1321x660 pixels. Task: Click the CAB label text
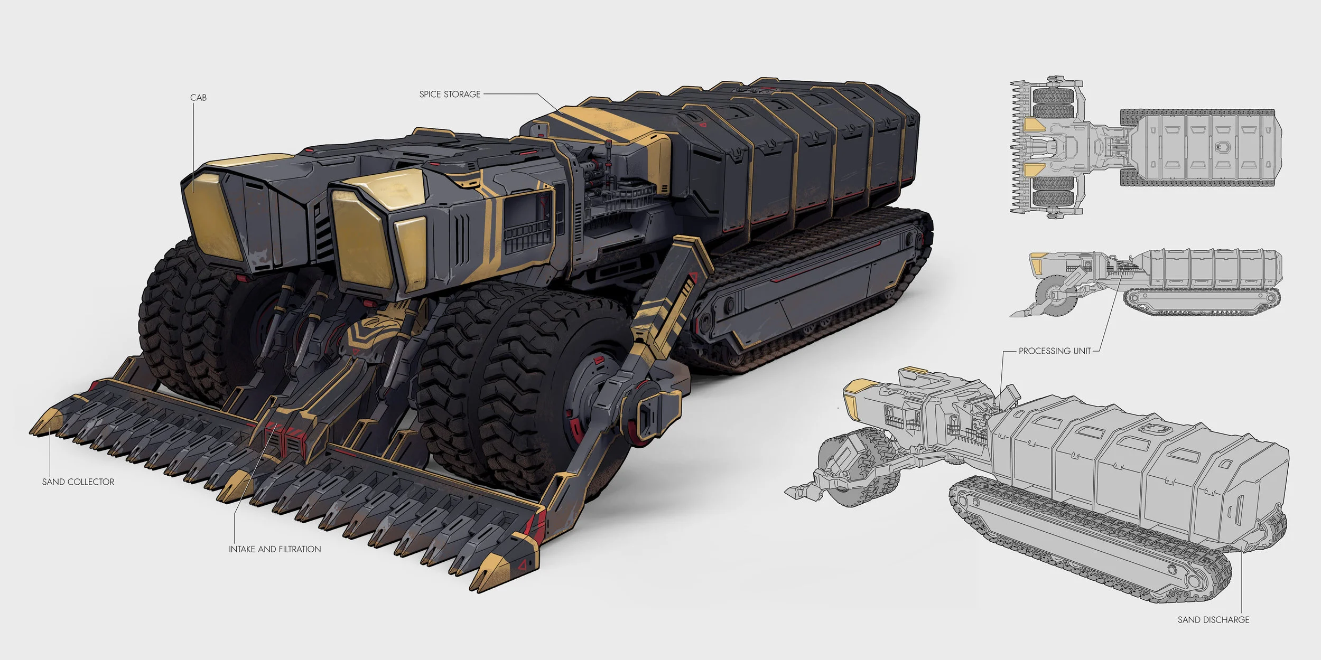point(198,98)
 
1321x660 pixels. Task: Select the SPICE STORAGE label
point(450,95)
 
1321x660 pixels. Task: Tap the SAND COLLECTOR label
point(78,482)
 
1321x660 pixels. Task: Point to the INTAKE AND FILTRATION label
point(275,550)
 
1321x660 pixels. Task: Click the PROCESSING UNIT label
point(1055,351)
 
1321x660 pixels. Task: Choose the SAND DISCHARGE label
point(1213,620)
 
